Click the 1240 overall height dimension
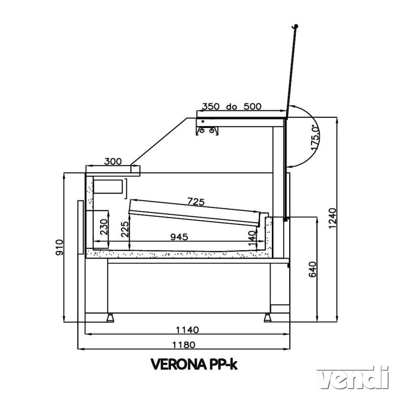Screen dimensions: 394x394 click(332, 218)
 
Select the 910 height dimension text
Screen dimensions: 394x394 click(59, 248)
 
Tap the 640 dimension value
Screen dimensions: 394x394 click(312, 269)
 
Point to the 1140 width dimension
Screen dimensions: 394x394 click(187, 329)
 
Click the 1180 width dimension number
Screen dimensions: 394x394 click(184, 345)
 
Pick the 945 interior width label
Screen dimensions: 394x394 click(179, 237)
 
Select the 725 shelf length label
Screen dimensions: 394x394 click(196, 201)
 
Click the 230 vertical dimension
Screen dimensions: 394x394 click(104, 227)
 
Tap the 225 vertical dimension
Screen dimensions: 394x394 click(125, 229)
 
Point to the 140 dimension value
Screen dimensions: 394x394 click(252, 239)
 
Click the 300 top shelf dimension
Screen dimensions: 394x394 click(113, 162)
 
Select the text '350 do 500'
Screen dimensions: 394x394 click(231, 106)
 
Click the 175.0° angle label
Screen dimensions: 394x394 click(315, 137)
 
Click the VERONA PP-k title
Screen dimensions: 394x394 click(194, 364)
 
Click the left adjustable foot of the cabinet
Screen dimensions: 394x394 click(110, 318)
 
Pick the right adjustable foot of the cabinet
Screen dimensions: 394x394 click(267, 318)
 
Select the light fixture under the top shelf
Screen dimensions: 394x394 click(207, 131)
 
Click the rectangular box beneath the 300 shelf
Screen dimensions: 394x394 click(108, 187)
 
